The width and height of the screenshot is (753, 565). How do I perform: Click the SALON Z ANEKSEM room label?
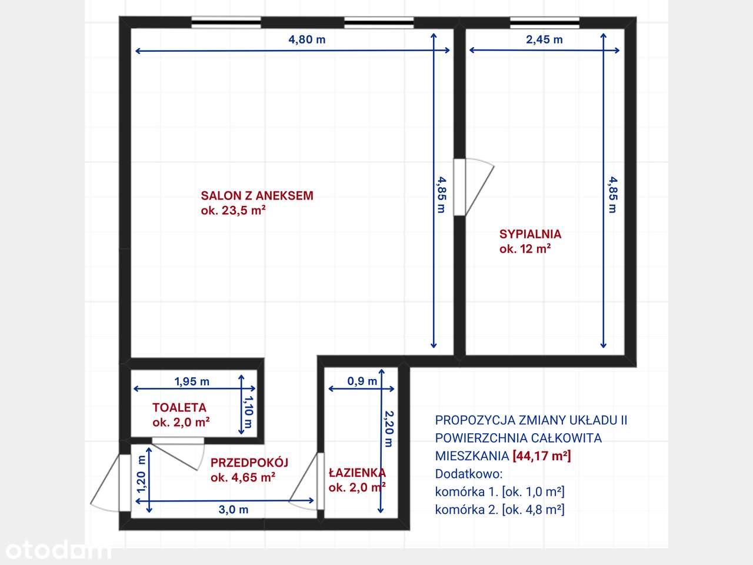click(257, 196)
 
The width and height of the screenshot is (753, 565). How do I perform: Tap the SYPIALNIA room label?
click(530, 234)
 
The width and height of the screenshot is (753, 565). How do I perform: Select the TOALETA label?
click(179, 407)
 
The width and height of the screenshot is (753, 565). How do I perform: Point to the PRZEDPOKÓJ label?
click(249, 462)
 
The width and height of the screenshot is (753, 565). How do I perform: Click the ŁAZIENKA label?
click(357, 473)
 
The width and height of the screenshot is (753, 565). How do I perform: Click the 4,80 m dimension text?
click(306, 40)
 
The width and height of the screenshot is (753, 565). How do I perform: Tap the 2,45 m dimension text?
click(544, 40)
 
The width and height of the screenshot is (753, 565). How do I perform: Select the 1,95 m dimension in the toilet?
click(192, 381)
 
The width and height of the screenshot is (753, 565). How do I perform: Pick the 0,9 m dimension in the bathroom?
click(362, 381)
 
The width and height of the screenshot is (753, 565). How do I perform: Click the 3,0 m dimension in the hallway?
click(234, 510)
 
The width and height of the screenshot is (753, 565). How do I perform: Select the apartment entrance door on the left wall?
click(112, 483)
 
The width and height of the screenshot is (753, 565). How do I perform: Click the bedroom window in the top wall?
click(544, 22)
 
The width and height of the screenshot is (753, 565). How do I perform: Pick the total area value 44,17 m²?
click(542, 456)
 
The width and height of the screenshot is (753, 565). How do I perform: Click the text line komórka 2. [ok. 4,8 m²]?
click(499, 510)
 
